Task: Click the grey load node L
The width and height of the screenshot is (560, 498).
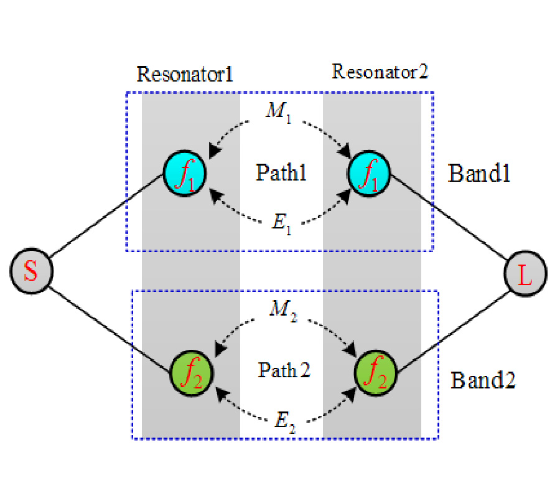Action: (x=526, y=274)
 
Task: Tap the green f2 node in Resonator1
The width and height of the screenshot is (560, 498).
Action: (x=192, y=373)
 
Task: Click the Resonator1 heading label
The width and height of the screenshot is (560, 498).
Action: (x=185, y=75)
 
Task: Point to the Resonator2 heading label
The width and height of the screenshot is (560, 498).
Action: (x=380, y=72)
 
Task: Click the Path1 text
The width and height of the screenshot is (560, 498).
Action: (x=281, y=172)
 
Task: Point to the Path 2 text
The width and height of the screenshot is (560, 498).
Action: (x=284, y=371)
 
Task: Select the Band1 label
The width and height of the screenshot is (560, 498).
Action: (x=479, y=174)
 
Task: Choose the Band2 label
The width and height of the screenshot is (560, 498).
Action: (x=483, y=379)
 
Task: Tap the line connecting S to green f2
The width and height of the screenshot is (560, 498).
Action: (x=110, y=322)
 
